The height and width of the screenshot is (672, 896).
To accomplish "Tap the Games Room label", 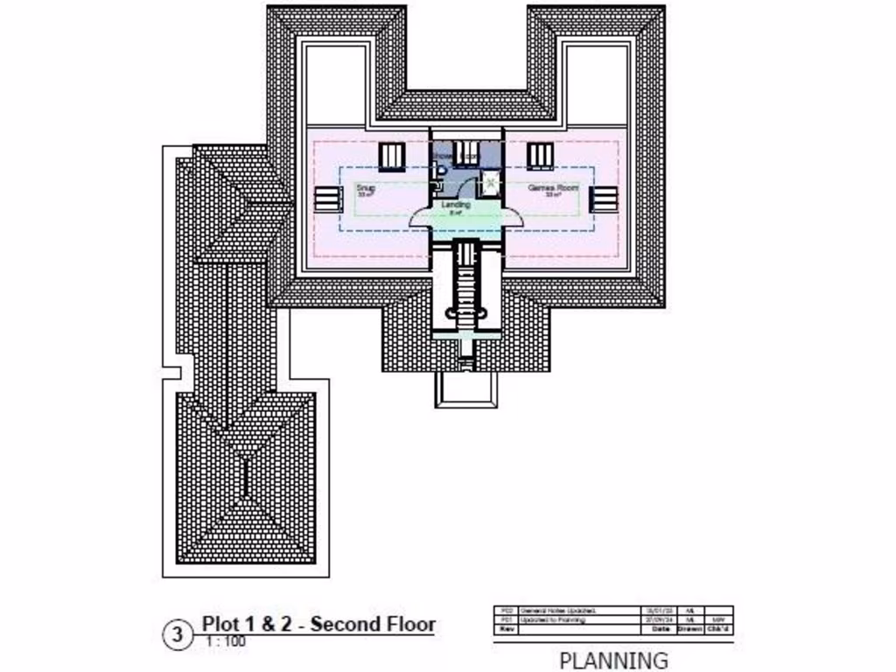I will [x=553, y=187].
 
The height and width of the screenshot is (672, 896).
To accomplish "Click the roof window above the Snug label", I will [x=391, y=156].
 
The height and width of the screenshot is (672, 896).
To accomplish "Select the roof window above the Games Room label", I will [x=540, y=156].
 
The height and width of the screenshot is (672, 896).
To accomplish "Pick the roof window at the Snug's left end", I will [x=327, y=199].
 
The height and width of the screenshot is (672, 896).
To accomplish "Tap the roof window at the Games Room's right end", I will [x=604, y=199].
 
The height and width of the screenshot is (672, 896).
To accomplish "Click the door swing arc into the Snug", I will [x=418, y=217].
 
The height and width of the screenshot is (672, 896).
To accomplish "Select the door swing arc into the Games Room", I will [x=513, y=217].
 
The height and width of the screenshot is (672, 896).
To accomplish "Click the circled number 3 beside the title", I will [x=178, y=634].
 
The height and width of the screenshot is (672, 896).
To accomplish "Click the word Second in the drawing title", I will [x=347, y=624].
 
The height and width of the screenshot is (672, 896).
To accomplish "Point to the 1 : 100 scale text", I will [x=226, y=642].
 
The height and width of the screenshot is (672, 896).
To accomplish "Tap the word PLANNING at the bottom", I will [x=612, y=660].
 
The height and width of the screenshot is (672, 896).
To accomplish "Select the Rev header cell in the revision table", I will [x=505, y=629].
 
